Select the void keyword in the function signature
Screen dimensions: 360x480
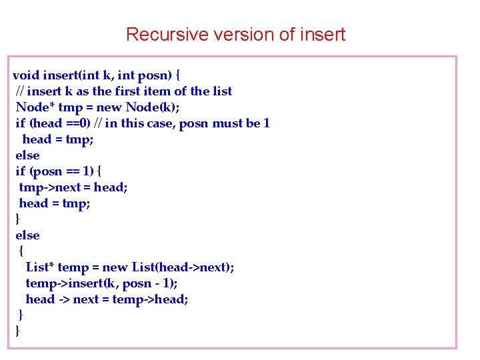coord(27,75)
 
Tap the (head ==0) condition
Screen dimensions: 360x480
coord(62,123)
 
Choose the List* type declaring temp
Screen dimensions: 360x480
coord(40,267)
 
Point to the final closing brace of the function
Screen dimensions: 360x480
coord(17,331)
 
